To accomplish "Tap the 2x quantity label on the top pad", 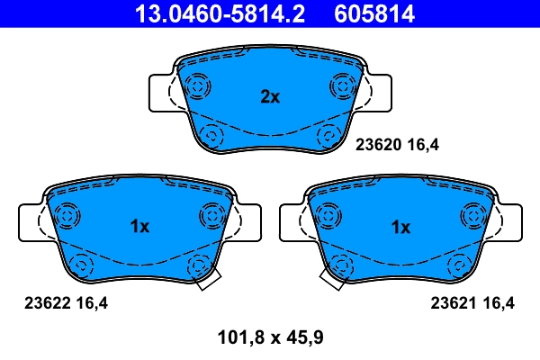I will pyautogui.click(x=270, y=96).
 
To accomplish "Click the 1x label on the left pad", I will pyautogui.click(x=139, y=228).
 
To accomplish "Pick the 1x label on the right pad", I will pyautogui.click(x=400, y=228).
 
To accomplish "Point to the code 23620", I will pyautogui.click(x=378, y=143).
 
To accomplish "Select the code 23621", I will pyautogui.click(x=454, y=304).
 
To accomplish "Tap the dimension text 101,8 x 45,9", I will pyautogui.click(x=270, y=338).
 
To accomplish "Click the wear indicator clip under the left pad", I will pyautogui.click(x=208, y=280).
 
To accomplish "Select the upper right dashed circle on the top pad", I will pyautogui.click(x=343, y=86).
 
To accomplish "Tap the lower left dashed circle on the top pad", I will pyautogui.click(x=212, y=136).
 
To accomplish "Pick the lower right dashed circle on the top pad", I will pyautogui.click(x=328, y=136).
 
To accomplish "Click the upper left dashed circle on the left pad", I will pyautogui.click(x=67, y=216).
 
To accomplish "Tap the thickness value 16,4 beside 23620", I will pyautogui.click(x=424, y=143).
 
